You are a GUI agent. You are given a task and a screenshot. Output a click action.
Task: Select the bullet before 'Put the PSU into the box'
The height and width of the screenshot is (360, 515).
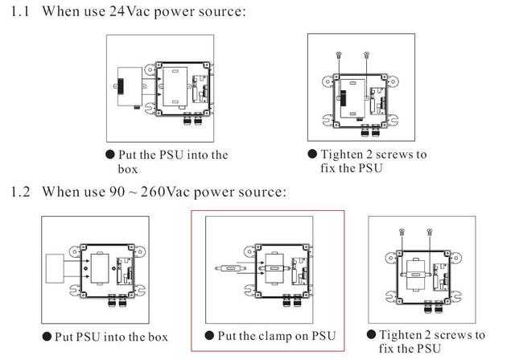(x=109, y=154)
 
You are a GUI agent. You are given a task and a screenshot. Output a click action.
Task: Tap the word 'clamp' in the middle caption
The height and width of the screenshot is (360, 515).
(x=279, y=335)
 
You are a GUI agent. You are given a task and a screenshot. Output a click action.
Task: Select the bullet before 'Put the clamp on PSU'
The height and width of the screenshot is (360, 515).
(x=209, y=335)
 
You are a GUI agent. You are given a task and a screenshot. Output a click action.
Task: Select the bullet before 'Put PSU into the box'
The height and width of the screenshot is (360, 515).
(x=47, y=335)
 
